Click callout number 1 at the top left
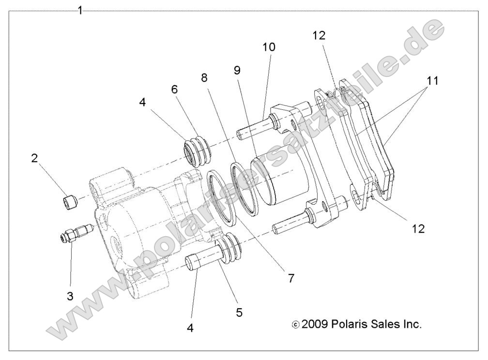point(80,10)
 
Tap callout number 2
point(35,158)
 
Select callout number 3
point(70,296)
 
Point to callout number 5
point(239,312)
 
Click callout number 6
point(174,89)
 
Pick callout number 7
point(290,278)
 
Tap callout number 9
point(237,70)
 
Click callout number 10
point(269,47)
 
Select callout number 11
point(432,81)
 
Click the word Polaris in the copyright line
point(351,324)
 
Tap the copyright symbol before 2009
point(296,325)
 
